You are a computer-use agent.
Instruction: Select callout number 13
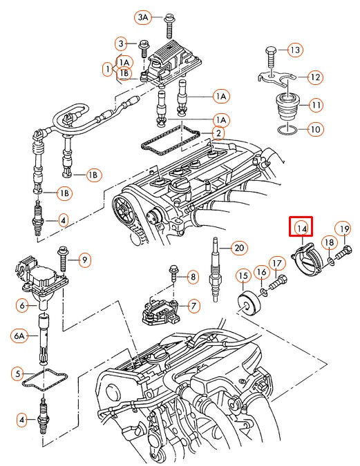coord(295,50)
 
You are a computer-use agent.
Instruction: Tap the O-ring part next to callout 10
coord(285,128)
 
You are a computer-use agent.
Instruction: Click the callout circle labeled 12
coord(314,77)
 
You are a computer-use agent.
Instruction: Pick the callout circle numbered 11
coord(315,106)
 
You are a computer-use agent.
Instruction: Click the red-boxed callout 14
coord(301,227)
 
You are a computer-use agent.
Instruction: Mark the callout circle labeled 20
coord(238,248)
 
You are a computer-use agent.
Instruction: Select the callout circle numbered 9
coord(84,260)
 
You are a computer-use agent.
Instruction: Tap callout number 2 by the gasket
coord(218,133)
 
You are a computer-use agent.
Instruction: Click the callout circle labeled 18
coord(329,242)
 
